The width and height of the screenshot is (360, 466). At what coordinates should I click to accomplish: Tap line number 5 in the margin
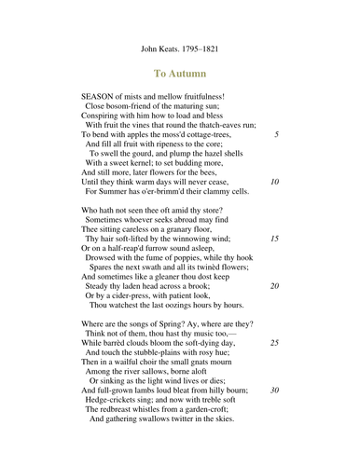tap(276, 134)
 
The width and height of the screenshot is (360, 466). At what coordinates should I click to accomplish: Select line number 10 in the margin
tap(274, 181)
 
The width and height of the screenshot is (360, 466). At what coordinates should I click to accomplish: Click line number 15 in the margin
tap(274, 239)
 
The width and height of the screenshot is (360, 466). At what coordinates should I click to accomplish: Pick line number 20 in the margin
tap(274, 285)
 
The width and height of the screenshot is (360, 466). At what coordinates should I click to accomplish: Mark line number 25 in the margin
tap(274, 343)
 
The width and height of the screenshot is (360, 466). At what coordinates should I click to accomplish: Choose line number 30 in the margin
tap(274, 390)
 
